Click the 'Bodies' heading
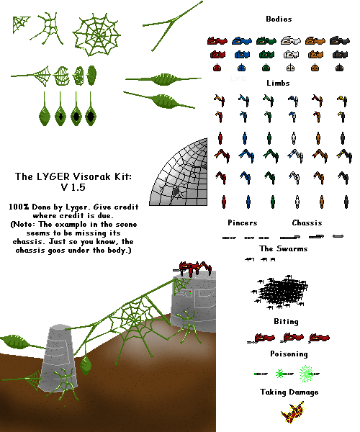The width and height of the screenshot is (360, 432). [279, 19]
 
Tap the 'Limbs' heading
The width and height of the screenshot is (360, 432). [278, 83]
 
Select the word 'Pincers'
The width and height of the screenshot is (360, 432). [243, 222]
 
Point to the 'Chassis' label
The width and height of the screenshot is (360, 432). [307, 222]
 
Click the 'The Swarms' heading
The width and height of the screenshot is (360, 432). [284, 248]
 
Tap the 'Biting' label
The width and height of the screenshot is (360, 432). [286, 322]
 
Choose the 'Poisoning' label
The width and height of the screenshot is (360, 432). [289, 354]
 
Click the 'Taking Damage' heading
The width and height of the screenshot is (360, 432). [289, 392]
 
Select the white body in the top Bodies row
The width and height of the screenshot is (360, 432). [291, 41]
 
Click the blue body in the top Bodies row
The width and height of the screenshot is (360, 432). [242, 41]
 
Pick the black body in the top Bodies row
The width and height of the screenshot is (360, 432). [340, 41]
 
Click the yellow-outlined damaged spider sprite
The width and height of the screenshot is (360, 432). [292, 413]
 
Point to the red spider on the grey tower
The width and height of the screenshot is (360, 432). [193, 268]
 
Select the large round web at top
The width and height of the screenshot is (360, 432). [96, 35]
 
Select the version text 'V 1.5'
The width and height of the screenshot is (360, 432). [73, 187]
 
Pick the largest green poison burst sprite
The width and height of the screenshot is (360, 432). [307, 374]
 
